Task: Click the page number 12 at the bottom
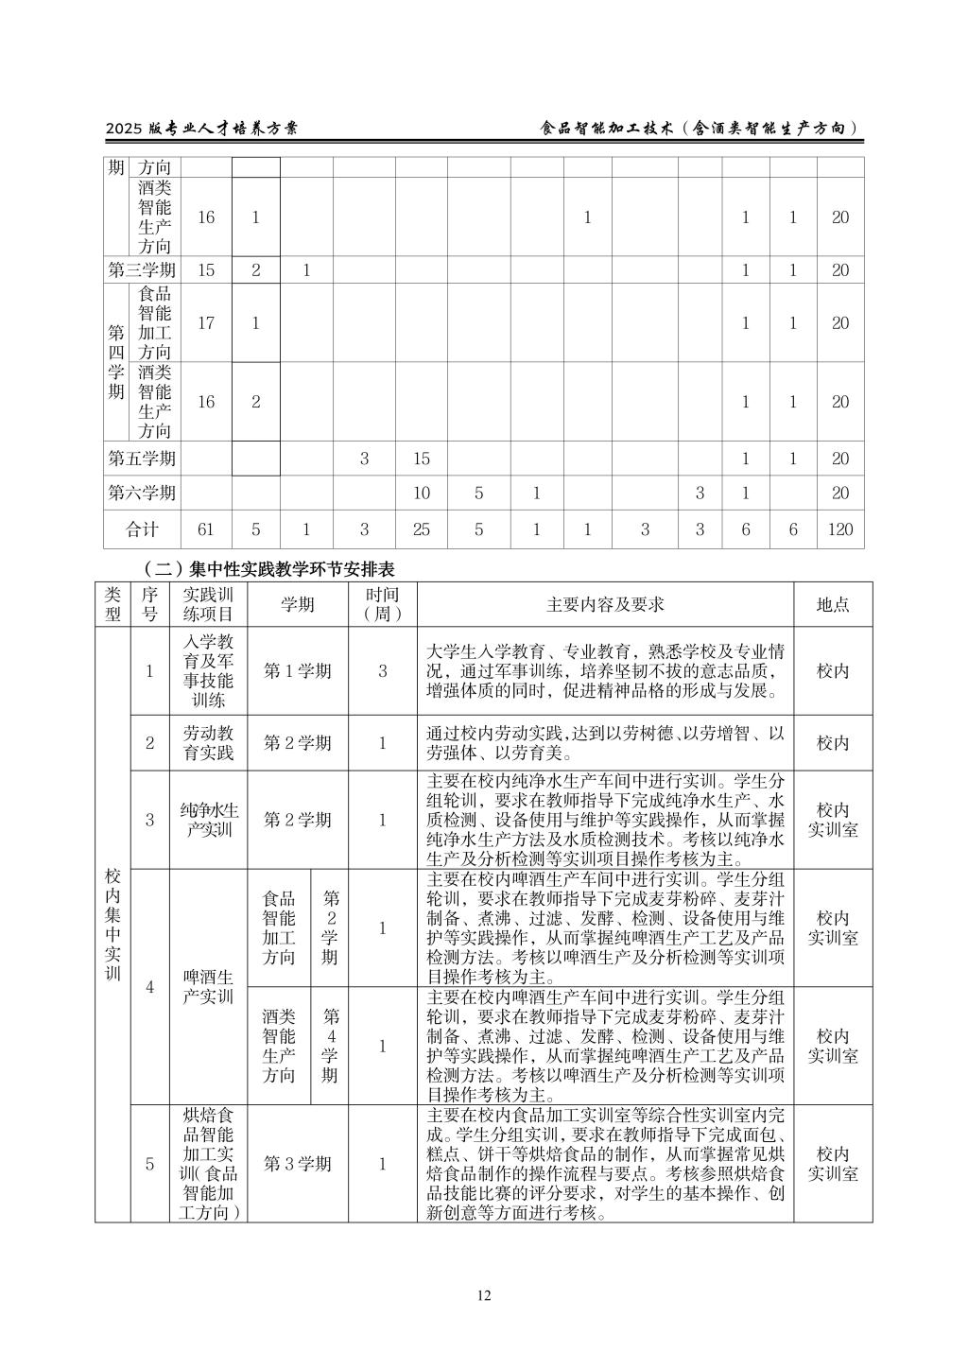tap(484, 1295)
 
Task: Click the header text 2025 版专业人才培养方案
tap(201, 129)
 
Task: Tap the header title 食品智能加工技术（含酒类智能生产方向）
tap(700, 129)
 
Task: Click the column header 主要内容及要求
tap(605, 604)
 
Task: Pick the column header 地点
tap(833, 604)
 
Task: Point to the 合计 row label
tap(142, 529)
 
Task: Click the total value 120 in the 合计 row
tap(840, 529)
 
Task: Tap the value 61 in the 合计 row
tap(206, 529)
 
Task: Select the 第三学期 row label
tap(142, 269)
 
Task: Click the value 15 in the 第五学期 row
tap(422, 459)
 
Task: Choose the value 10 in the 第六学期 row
tap(422, 493)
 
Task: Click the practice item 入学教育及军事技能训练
tap(208, 671)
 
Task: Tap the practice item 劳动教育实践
tap(208, 742)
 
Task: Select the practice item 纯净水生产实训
tap(208, 820)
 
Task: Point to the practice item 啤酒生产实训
tap(208, 986)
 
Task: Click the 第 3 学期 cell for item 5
tap(298, 1164)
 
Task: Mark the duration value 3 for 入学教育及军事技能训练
tap(383, 671)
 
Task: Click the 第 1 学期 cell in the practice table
tap(298, 671)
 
